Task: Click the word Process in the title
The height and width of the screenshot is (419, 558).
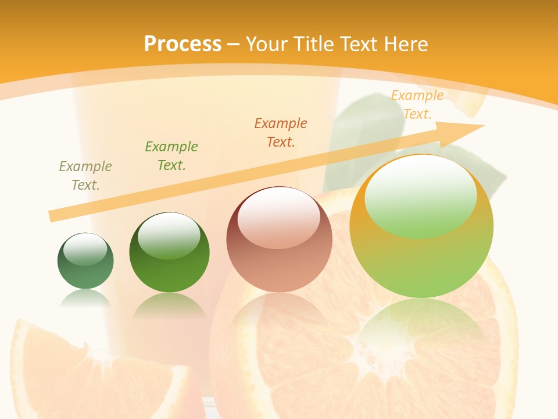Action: (x=183, y=44)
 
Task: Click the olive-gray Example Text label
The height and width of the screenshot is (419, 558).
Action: (x=85, y=176)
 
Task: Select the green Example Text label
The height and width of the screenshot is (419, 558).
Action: (x=171, y=155)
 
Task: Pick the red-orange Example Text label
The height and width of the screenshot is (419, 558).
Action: (x=281, y=132)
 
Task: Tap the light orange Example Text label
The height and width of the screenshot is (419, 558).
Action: (x=417, y=105)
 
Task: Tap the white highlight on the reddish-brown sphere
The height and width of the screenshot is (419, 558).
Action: (x=279, y=218)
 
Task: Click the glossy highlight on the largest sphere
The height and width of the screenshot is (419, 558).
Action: (x=421, y=195)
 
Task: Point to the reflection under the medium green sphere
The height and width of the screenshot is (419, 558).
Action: (x=169, y=306)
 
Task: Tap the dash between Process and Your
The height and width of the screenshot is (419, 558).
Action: (x=234, y=44)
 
